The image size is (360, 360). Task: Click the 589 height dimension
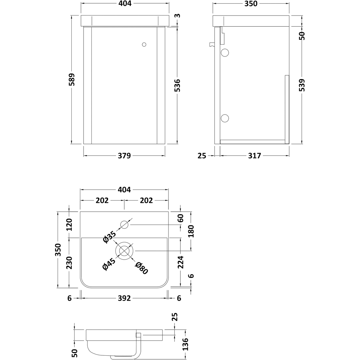(72, 80)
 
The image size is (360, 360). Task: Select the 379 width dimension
(124, 156)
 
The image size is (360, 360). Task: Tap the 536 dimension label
(177, 86)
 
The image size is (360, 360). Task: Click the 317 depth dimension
(254, 156)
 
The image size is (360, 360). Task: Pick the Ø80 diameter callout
(141, 268)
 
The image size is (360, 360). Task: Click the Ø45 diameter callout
(109, 265)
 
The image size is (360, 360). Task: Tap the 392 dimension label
(124, 298)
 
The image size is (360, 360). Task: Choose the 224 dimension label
(180, 263)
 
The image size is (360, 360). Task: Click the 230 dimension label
(69, 263)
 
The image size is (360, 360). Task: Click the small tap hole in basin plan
(124, 225)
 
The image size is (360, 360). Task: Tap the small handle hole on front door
(144, 45)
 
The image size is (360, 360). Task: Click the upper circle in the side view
(225, 53)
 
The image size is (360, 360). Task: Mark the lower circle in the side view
(225, 118)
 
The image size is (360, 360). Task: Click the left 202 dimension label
(102, 201)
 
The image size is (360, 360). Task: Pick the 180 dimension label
(191, 231)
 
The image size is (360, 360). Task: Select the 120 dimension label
(69, 225)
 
